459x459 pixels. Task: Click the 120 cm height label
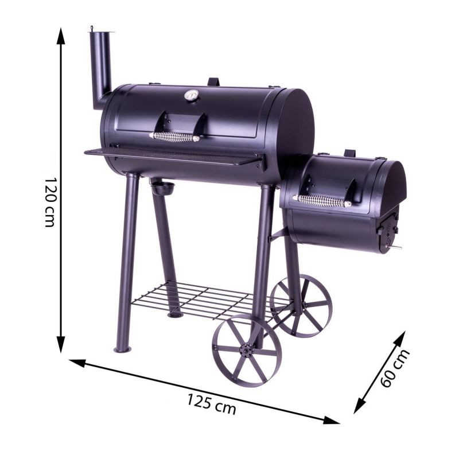(x=49, y=202)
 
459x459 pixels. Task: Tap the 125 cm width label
(x=211, y=404)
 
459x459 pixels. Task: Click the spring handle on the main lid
(x=174, y=137)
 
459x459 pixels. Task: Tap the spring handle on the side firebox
(x=321, y=200)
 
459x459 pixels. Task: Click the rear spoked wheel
(x=301, y=305)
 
